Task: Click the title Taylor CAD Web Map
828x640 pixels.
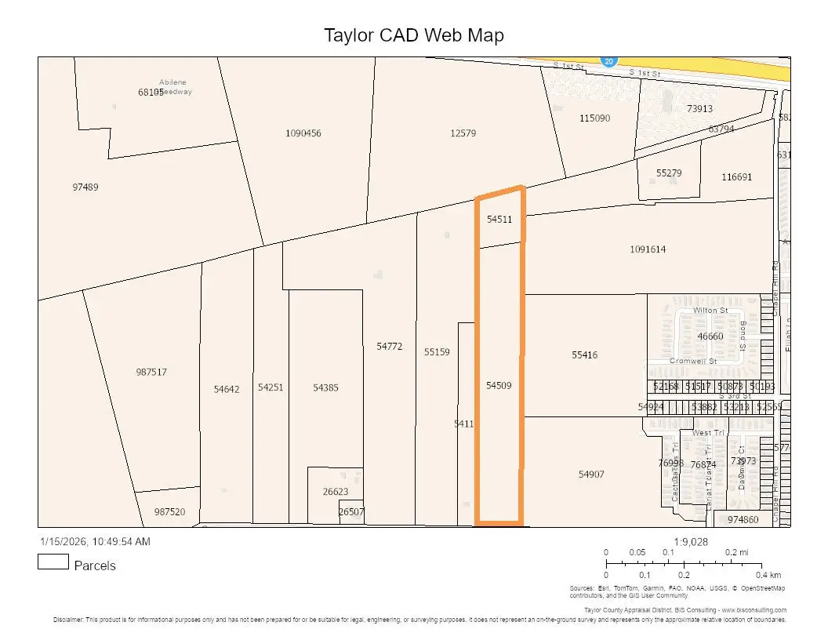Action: tap(414, 35)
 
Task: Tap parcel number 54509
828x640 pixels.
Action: tap(499, 386)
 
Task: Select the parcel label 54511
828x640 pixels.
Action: tap(499, 220)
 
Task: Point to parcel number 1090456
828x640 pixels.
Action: tap(303, 133)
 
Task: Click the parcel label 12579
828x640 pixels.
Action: tap(463, 133)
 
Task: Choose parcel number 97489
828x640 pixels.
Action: tap(85, 187)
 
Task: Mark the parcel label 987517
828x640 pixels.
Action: tap(151, 373)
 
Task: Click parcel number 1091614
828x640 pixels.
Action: tap(648, 249)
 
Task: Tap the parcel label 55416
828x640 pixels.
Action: tap(584, 355)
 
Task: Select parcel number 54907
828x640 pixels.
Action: tap(591, 475)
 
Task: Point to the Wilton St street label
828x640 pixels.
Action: tap(710, 311)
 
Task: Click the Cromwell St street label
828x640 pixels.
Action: tap(693, 362)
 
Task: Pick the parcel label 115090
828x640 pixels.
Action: tap(594, 118)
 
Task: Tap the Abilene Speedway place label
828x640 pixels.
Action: tap(176, 86)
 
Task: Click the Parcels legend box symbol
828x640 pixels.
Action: tap(53, 562)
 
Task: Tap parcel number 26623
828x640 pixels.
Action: tap(336, 492)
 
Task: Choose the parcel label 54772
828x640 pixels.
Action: tap(389, 346)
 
